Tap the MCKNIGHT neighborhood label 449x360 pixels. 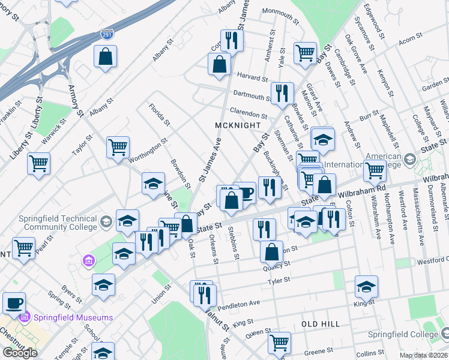click(x=238, y=125)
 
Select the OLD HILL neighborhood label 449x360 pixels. click(x=321, y=324)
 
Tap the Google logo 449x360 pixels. click(x=20, y=352)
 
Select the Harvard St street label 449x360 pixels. click(x=252, y=77)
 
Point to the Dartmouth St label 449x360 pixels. click(x=252, y=95)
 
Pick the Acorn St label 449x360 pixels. click(x=411, y=40)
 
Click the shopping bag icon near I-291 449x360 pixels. click(x=105, y=58)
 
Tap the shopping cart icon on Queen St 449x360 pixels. click(x=279, y=343)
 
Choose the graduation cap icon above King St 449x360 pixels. click(x=366, y=287)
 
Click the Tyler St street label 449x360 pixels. click(x=279, y=280)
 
